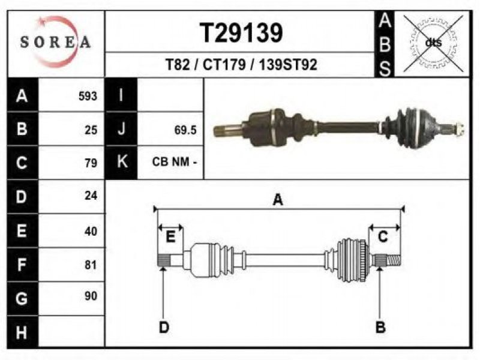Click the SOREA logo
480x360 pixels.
56,42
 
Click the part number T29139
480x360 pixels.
241,33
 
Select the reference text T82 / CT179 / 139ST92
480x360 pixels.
241,65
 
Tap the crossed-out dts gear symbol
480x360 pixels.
433,43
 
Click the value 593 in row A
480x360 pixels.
88,96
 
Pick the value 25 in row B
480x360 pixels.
91,130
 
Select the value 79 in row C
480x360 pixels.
91,163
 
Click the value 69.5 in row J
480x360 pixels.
185,130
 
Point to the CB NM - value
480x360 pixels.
174,161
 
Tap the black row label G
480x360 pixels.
22,298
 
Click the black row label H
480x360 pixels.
22,332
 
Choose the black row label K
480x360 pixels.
122,161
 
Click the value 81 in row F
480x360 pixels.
91,265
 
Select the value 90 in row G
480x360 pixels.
91,296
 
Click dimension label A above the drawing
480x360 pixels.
278,200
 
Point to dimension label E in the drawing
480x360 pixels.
170,236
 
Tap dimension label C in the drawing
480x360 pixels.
383,236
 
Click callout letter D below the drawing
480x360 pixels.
164,328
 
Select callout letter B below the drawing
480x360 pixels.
380,328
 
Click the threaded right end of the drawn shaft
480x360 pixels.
394,260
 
